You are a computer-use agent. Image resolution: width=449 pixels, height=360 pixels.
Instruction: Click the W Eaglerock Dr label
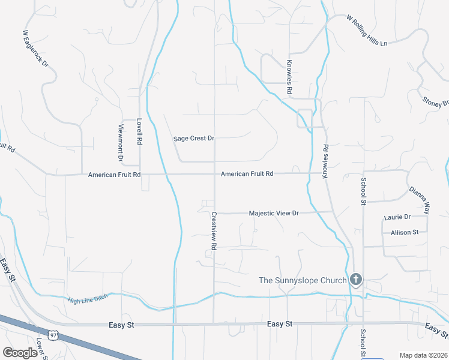(35, 48)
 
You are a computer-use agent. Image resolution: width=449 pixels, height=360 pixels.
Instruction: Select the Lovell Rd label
(139, 131)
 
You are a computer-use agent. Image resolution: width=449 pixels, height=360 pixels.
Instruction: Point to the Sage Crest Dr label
(193, 139)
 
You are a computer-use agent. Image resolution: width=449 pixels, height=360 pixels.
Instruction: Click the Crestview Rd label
(213, 230)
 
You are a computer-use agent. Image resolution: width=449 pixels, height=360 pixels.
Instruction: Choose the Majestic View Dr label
(274, 213)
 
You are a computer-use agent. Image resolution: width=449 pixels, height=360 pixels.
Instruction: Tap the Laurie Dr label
(397, 217)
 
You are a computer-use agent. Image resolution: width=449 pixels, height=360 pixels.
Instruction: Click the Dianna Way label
(419, 199)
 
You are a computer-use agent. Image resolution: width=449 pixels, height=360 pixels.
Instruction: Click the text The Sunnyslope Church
(303, 280)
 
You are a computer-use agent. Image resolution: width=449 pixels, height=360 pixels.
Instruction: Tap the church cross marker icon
(356, 280)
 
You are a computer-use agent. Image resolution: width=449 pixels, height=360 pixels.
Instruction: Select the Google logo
(20, 352)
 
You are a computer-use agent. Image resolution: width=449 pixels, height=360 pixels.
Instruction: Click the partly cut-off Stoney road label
(435, 102)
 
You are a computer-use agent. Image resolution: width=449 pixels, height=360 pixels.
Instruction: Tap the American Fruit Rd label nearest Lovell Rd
(114, 175)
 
